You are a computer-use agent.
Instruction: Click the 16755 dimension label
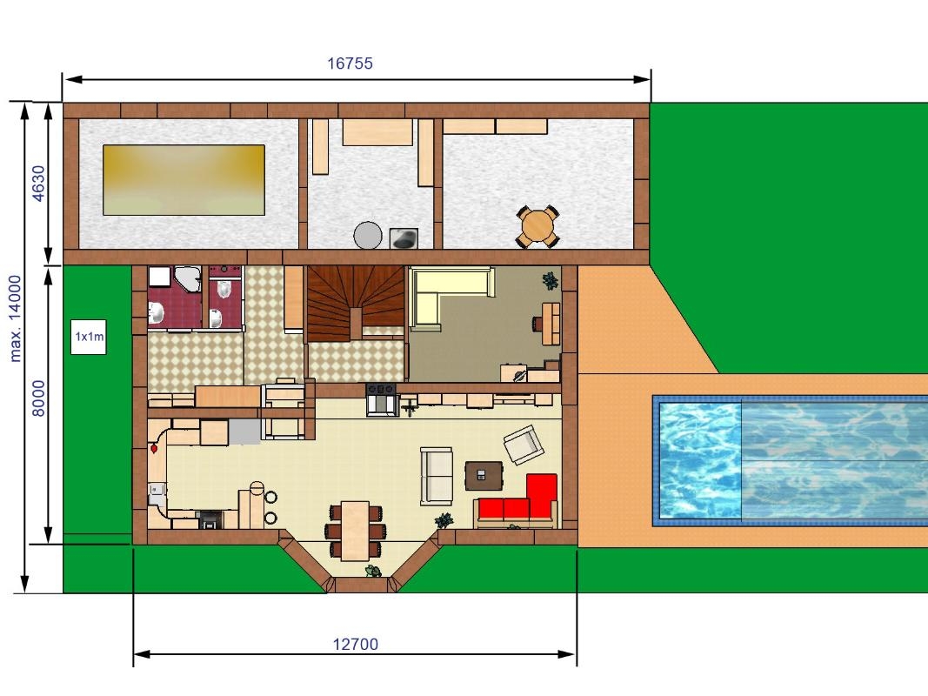tap(350, 64)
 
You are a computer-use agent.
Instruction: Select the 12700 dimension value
tap(355, 644)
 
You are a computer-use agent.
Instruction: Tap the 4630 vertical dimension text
tap(38, 184)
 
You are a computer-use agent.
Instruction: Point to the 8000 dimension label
tap(38, 398)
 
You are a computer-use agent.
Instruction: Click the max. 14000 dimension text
tap(15, 318)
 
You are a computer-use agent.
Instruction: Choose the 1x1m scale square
tap(88, 337)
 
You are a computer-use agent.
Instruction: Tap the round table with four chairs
tap(537, 226)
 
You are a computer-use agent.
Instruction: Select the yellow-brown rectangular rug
tap(184, 180)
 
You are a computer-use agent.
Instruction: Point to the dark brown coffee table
tap(484, 476)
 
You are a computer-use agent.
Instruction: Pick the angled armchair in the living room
tap(524, 445)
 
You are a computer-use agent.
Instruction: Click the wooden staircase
tap(355, 303)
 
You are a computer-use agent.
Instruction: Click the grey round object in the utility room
tap(368, 235)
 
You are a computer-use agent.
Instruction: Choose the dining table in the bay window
tap(355, 531)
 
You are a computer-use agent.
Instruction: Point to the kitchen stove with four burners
tap(381, 389)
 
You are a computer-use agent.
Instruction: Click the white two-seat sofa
tap(437, 477)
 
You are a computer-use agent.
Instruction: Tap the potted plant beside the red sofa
tap(444, 521)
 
